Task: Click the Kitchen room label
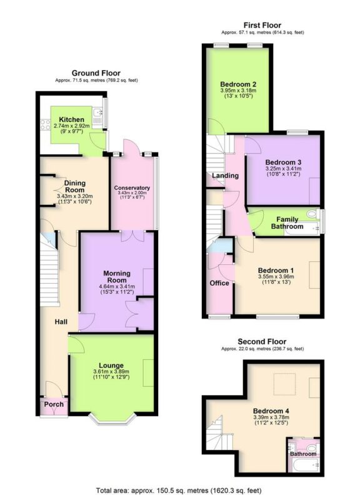[x=71, y=119]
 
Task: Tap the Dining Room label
[x=74, y=187]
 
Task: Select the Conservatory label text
[x=132, y=188]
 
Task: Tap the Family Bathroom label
[x=287, y=222]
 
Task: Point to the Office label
[x=219, y=283]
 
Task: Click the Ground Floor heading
[x=96, y=73]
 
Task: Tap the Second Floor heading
[x=262, y=342]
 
